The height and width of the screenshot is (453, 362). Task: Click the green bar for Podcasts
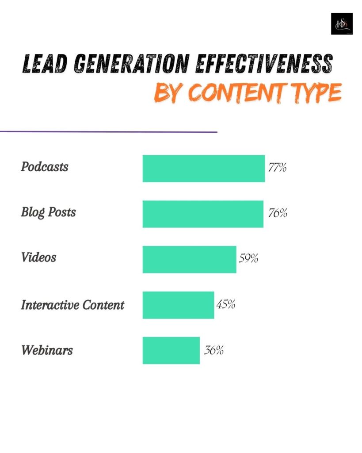(x=203, y=169)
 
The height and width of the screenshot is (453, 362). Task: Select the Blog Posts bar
(x=203, y=214)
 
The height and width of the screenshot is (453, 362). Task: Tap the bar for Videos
(x=189, y=260)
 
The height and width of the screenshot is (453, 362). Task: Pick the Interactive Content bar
(x=178, y=305)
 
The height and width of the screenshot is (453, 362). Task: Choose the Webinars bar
(x=171, y=351)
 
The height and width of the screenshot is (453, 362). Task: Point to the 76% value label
(x=278, y=213)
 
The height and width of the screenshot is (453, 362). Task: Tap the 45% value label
(x=225, y=305)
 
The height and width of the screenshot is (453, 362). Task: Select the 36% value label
(x=214, y=351)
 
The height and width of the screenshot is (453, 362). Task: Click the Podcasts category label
(x=45, y=167)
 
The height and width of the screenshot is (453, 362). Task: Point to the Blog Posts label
(x=49, y=212)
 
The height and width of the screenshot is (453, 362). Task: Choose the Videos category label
(x=38, y=257)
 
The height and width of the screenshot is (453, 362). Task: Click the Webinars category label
(x=47, y=351)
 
